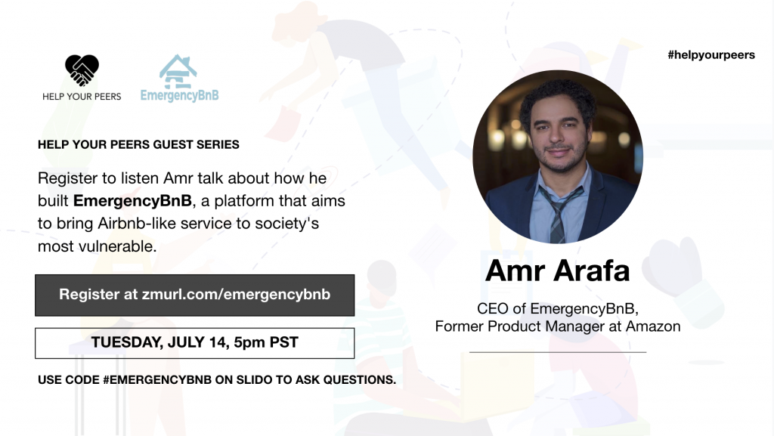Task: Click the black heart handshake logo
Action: (x=82, y=70)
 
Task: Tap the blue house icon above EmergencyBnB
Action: (x=178, y=72)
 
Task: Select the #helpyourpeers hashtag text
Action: (x=711, y=55)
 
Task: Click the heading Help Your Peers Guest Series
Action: (x=138, y=144)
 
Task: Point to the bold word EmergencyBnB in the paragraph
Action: (x=132, y=201)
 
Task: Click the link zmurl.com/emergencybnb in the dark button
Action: (x=236, y=295)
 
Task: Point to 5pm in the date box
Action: (x=249, y=343)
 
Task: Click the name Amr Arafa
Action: (x=557, y=271)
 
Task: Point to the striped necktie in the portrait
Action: (x=559, y=213)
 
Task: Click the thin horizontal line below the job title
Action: (x=558, y=352)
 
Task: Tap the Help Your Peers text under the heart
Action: (x=82, y=97)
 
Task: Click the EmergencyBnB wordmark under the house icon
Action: (x=180, y=96)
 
